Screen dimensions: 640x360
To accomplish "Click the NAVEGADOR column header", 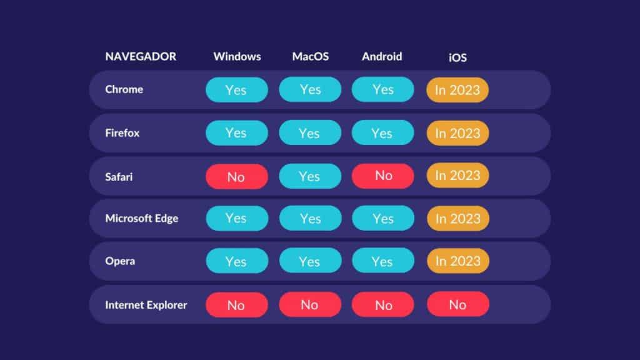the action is (141, 56).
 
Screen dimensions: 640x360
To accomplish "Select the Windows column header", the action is (237, 56).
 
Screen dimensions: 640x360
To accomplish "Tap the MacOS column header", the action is (310, 56).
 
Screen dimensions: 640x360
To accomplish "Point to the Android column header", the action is (382, 56).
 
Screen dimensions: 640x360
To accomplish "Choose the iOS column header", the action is (457, 57).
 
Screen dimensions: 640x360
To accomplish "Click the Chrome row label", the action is (124, 89).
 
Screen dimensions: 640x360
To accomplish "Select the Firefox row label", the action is (122, 133).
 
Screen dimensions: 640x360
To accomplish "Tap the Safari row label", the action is (119, 177).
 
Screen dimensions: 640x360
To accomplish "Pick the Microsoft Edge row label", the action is (142, 218).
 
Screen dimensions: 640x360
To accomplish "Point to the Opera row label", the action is (120, 261).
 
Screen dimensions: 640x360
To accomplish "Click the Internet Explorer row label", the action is (146, 305).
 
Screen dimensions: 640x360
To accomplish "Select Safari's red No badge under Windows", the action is (237, 176).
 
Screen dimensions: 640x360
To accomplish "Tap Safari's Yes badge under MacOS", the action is (310, 176).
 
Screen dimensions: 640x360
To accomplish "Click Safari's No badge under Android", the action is (383, 176).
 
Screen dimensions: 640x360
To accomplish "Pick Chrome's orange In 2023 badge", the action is (457, 90).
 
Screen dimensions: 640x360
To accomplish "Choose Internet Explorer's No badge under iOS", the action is (458, 304).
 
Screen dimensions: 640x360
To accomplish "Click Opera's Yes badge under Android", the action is (383, 261).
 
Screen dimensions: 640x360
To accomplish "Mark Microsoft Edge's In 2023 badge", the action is (458, 218).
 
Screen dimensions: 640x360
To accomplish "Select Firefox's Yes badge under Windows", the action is (237, 132).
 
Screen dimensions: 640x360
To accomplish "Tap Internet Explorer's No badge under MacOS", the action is (310, 304).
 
